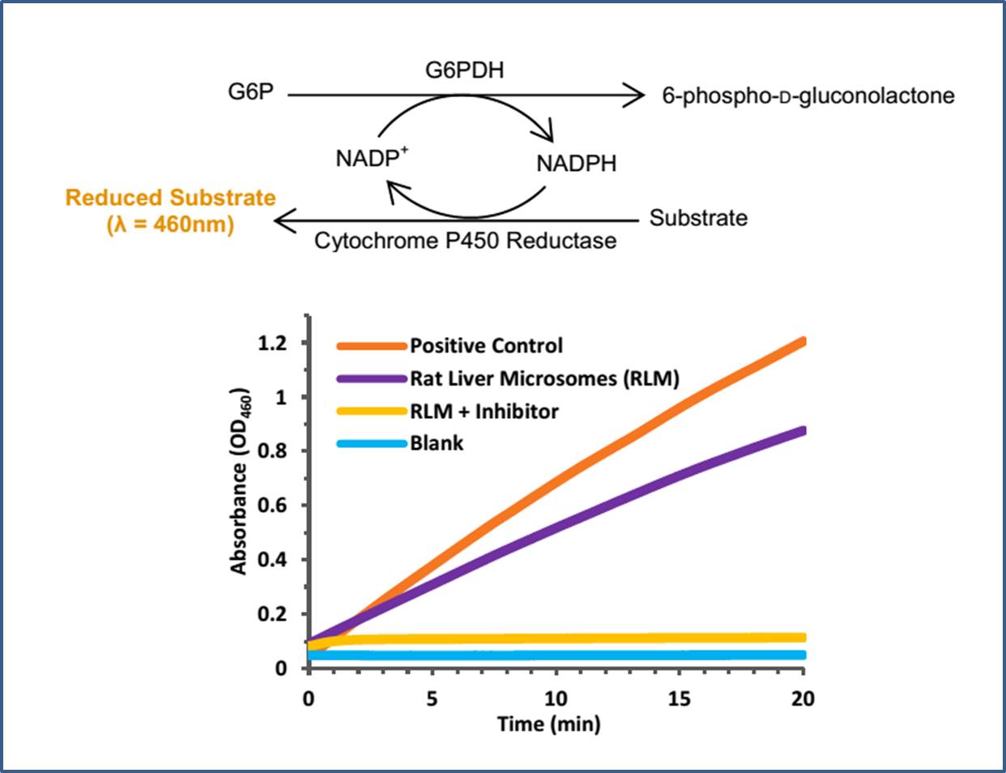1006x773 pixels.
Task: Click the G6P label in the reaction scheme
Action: [x=250, y=92]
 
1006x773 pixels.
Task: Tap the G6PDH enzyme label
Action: [x=464, y=70]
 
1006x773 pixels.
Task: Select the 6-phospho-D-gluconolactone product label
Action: [x=808, y=96]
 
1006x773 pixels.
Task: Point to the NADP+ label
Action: [x=372, y=158]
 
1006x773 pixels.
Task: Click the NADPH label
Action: [x=576, y=164]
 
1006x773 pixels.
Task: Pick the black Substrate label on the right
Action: [x=698, y=218]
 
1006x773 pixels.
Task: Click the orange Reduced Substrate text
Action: [x=170, y=199]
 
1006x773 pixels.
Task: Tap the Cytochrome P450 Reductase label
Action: [x=465, y=241]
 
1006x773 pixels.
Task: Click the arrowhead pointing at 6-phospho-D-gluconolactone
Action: [x=635, y=96]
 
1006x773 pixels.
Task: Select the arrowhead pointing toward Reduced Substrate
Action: [x=283, y=220]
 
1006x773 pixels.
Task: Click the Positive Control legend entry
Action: [x=485, y=346]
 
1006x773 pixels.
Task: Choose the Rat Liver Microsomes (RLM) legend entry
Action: [x=543, y=378]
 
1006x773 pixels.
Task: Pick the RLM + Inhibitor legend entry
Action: [x=484, y=412]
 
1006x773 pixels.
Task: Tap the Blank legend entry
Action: [x=437, y=443]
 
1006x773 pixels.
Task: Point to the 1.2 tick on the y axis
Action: [x=272, y=344]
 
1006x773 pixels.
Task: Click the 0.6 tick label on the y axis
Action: [x=272, y=506]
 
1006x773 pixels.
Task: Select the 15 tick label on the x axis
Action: [x=679, y=698]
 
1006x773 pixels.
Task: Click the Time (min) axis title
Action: [x=548, y=724]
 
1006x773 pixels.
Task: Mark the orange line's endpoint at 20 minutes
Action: [x=802, y=342]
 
